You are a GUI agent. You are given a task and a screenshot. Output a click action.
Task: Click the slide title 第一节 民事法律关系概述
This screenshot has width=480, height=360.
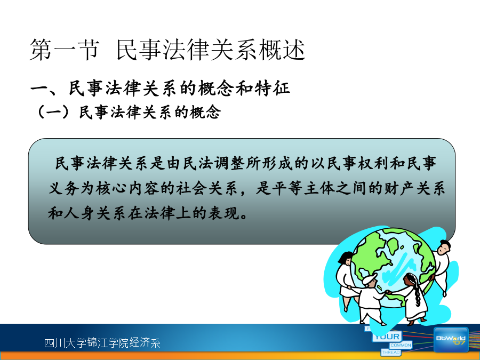click(167, 50)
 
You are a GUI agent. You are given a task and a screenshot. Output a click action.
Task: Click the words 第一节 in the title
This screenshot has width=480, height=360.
click(65, 50)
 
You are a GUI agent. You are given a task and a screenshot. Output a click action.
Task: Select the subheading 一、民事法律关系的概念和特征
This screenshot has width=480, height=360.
click(160, 89)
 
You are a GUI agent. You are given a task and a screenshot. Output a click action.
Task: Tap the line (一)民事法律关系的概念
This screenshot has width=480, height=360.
click(128, 112)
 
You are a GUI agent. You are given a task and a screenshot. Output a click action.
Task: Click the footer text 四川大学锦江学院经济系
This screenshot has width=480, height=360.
click(102, 342)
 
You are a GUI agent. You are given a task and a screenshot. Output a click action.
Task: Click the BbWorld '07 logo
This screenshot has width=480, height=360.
click(451, 340)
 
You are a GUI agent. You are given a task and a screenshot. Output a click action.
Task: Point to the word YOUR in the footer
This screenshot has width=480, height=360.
click(387, 337)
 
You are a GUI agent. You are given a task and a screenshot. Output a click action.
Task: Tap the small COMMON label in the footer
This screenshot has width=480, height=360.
click(401, 345)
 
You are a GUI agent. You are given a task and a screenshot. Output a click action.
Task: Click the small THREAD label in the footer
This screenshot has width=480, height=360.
click(391, 353)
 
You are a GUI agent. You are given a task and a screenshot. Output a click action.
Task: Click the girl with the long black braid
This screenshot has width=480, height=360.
click(412, 297)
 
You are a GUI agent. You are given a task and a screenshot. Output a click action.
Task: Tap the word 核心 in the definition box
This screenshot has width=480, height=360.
click(111, 188)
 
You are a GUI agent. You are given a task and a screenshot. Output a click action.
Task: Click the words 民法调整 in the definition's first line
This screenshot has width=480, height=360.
click(214, 163)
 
